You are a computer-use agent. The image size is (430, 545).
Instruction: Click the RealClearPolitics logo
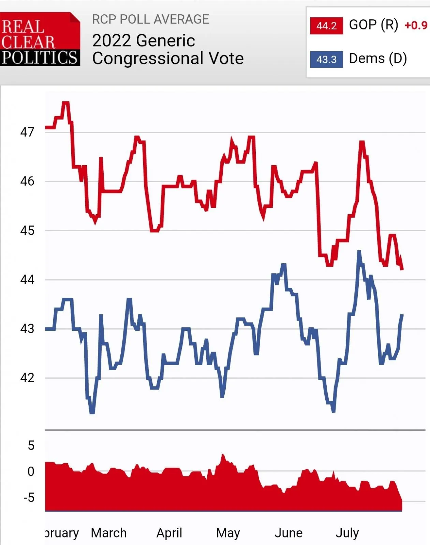point(40,39)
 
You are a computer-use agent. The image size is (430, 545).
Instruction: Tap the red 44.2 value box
point(326,26)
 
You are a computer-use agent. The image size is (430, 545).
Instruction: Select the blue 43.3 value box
point(326,59)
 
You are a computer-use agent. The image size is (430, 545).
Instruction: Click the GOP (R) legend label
point(373,25)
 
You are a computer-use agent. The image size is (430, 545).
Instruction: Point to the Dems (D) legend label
point(378,59)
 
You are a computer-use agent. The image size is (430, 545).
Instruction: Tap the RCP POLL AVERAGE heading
point(150,19)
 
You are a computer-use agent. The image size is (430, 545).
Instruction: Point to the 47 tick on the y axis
point(27,132)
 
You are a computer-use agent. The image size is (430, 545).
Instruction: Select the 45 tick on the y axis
point(27,231)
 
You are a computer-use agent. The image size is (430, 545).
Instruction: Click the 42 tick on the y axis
point(27,378)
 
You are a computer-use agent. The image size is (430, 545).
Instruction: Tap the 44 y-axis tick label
point(27,280)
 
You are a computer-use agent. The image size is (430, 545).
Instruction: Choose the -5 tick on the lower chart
point(29,498)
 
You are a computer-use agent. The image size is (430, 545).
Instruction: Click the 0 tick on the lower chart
point(31,471)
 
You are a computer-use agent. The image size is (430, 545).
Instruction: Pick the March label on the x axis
point(109,533)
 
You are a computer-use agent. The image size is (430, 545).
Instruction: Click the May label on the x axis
point(228,533)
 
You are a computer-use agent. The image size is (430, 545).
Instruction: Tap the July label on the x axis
point(347,533)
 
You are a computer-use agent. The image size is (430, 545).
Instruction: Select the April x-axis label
point(169,533)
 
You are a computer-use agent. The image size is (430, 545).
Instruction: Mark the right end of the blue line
point(402,315)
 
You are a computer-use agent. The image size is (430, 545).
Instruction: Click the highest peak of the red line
point(65,102)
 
